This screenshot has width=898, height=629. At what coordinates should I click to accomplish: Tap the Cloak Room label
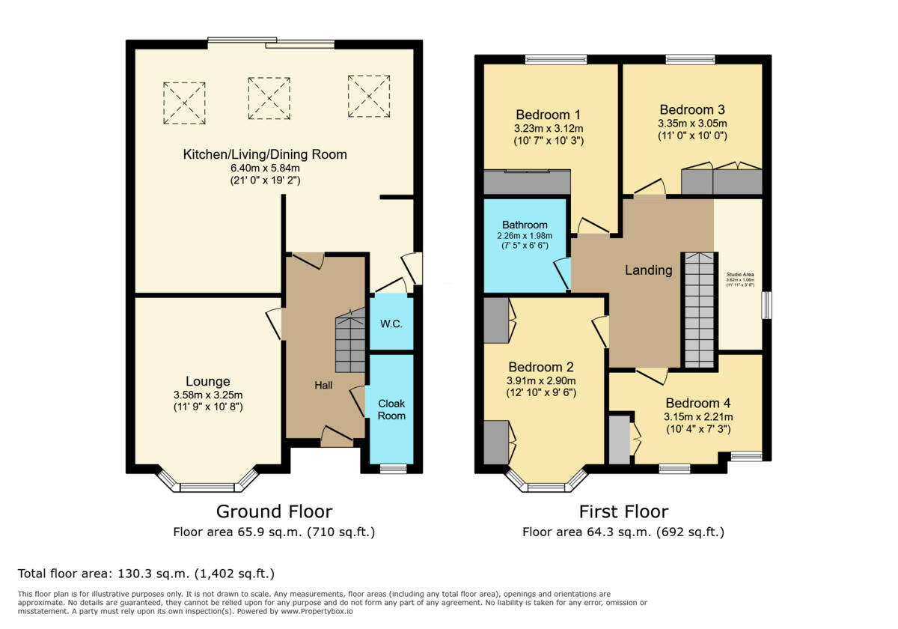tap(391, 410)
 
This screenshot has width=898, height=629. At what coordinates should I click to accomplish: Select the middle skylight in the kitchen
tap(269, 98)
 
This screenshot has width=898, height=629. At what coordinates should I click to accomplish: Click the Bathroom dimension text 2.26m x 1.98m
tap(525, 235)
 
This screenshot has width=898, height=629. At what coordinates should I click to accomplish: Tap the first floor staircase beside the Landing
tap(699, 310)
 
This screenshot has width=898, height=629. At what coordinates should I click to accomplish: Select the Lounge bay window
tap(207, 485)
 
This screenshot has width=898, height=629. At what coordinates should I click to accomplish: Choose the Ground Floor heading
tap(274, 511)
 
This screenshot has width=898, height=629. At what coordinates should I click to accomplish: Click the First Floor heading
tap(623, 511)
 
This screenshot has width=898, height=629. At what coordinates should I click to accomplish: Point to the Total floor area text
tap(146, 574)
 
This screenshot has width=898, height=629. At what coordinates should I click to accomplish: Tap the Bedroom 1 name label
tap(548, 115)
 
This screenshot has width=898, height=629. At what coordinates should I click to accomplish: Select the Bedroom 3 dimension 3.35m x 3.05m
tap(692, 124)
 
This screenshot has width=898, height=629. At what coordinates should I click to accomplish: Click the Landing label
tap(648, 270)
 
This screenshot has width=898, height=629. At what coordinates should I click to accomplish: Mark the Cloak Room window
tap(393, 469)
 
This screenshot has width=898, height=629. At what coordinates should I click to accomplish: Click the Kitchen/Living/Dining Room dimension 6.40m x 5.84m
tap(265, 168)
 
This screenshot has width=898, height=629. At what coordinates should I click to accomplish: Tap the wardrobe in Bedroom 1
tap(527, 183)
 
